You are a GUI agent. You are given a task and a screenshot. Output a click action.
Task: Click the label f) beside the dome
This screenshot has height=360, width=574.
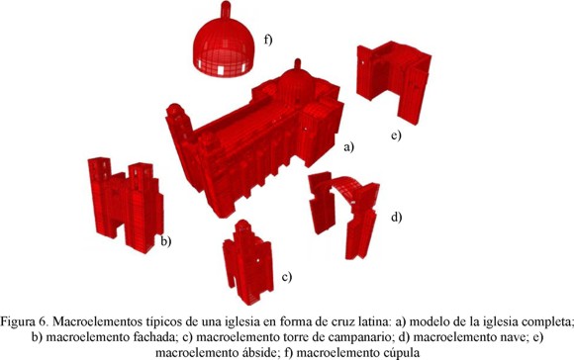tap(268, 40)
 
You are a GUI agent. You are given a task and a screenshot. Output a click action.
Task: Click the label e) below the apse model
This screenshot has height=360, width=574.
tap(396, 135)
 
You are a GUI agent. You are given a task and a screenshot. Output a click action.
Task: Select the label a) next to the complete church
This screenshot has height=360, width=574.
tap(349, 147)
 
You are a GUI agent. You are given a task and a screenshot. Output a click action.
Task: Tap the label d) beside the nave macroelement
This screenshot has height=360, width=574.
tap(397, 217)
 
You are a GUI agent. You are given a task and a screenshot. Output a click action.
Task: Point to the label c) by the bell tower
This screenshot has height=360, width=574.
tap(287, 277)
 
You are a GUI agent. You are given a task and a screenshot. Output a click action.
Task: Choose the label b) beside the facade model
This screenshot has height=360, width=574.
tap(166, 241)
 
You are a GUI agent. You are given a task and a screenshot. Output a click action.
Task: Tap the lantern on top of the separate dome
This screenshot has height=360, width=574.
tap(226, 9)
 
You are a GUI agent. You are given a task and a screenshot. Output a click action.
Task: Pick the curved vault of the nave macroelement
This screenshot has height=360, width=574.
tap(346, 187)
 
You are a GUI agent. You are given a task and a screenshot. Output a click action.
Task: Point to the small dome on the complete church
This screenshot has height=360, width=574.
tap(296, 80)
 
